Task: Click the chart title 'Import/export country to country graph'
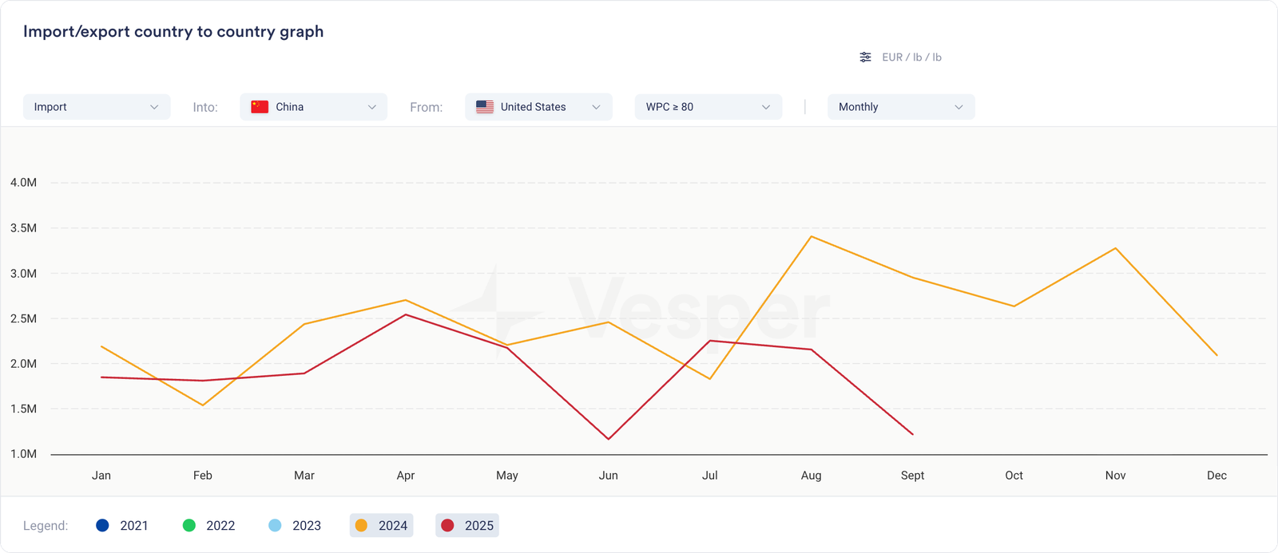click(x=173, y=32)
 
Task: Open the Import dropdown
click(x=97, y=107)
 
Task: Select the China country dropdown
click(x=313, y=107)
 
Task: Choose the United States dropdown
click(x=538, y=107)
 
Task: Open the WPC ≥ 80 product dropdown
click(x=708, y=107)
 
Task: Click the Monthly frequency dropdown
click(x=900, y=107)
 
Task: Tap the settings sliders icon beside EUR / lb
click(x=865, y=57)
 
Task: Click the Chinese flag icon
click(x=260, y=107)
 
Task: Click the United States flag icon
click(x=485, y=107)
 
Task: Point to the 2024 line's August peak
click(x=811, y=236)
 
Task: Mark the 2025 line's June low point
click(x=609, y=439)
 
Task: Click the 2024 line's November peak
click(x=1115, y=248)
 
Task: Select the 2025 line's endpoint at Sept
click(x=912, y=434)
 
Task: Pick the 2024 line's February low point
click(x=203, y=405)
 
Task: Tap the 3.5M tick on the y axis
click(x=23, y=228)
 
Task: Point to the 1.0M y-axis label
click(x=23, y=454)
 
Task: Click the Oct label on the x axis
click(x=1014, y=476)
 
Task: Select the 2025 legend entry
click(x=467, y=526)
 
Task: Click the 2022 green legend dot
click(x=189, y=526)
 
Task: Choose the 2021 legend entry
click(x=122, y=526)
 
